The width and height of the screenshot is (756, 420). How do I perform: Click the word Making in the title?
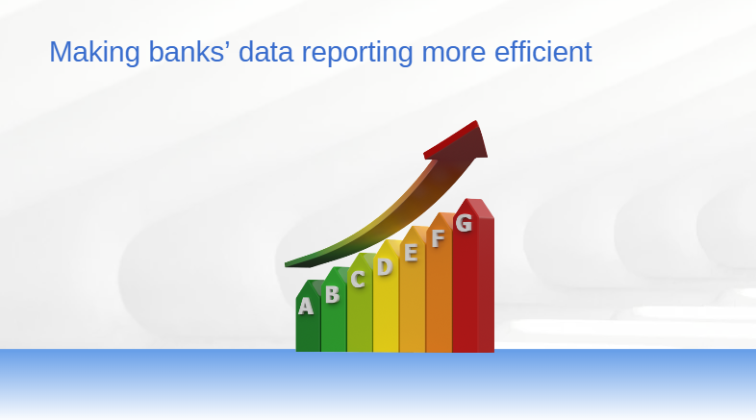[x=94, y=52]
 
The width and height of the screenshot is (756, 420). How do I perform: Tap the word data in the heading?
[x=265, y=51]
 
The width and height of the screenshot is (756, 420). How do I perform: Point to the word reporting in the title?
[x=357, y=53]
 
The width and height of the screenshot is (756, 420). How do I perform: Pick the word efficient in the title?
[x=542, y=51]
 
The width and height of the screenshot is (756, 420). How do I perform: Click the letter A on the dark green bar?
[x=305, y=307]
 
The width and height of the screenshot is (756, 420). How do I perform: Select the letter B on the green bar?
[x=332, y=294]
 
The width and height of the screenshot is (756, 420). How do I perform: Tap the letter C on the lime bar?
[x=357, y=279]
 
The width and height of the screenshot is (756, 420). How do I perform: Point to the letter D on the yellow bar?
[x=385, y=266]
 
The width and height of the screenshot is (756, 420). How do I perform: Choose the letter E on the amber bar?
[x=411, y=253]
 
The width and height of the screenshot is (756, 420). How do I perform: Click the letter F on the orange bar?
[x=438, y=238]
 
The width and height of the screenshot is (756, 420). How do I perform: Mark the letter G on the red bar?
[x=464, y=223]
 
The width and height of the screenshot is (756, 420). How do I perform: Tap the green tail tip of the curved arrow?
[x=288, y=264]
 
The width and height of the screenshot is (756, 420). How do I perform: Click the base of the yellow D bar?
[x=386, y=350]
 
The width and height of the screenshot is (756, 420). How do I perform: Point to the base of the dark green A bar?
[x=308, y=349]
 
